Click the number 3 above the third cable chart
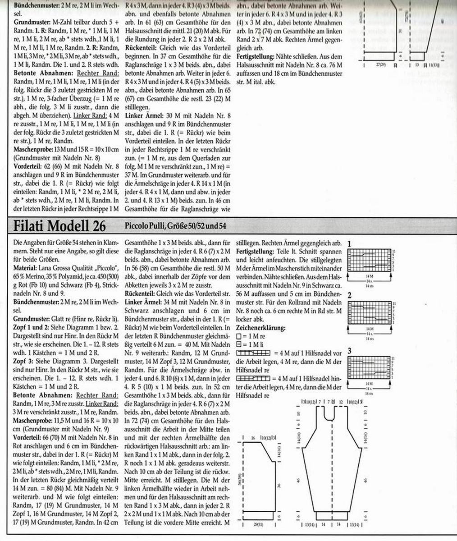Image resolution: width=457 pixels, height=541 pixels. (x=350, y=351)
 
